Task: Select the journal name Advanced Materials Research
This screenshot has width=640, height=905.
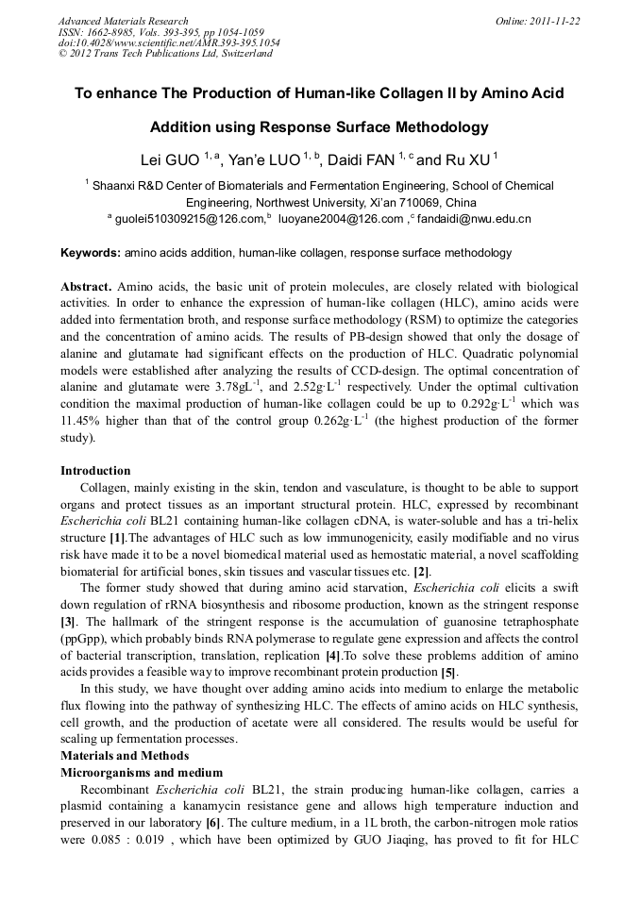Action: pyautogui.click(x=123, y=21)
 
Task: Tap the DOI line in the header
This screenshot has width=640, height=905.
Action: pyautogui.click(x=169, y=43)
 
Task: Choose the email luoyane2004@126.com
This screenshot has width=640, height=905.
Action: pyautogui.click(x=341, y=219)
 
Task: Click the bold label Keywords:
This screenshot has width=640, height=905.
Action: pyautogui.click(x=91, y=253)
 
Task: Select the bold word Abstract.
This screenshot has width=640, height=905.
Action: pyautogui.click(x=86, y=286)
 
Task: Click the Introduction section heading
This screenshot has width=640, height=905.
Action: pyautogui.click(x=95, y=471)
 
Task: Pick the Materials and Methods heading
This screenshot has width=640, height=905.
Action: pyautogui.click(x=125, y=756)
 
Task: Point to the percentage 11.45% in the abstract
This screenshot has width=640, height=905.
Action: pyautogui.click(x=80, y=422)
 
